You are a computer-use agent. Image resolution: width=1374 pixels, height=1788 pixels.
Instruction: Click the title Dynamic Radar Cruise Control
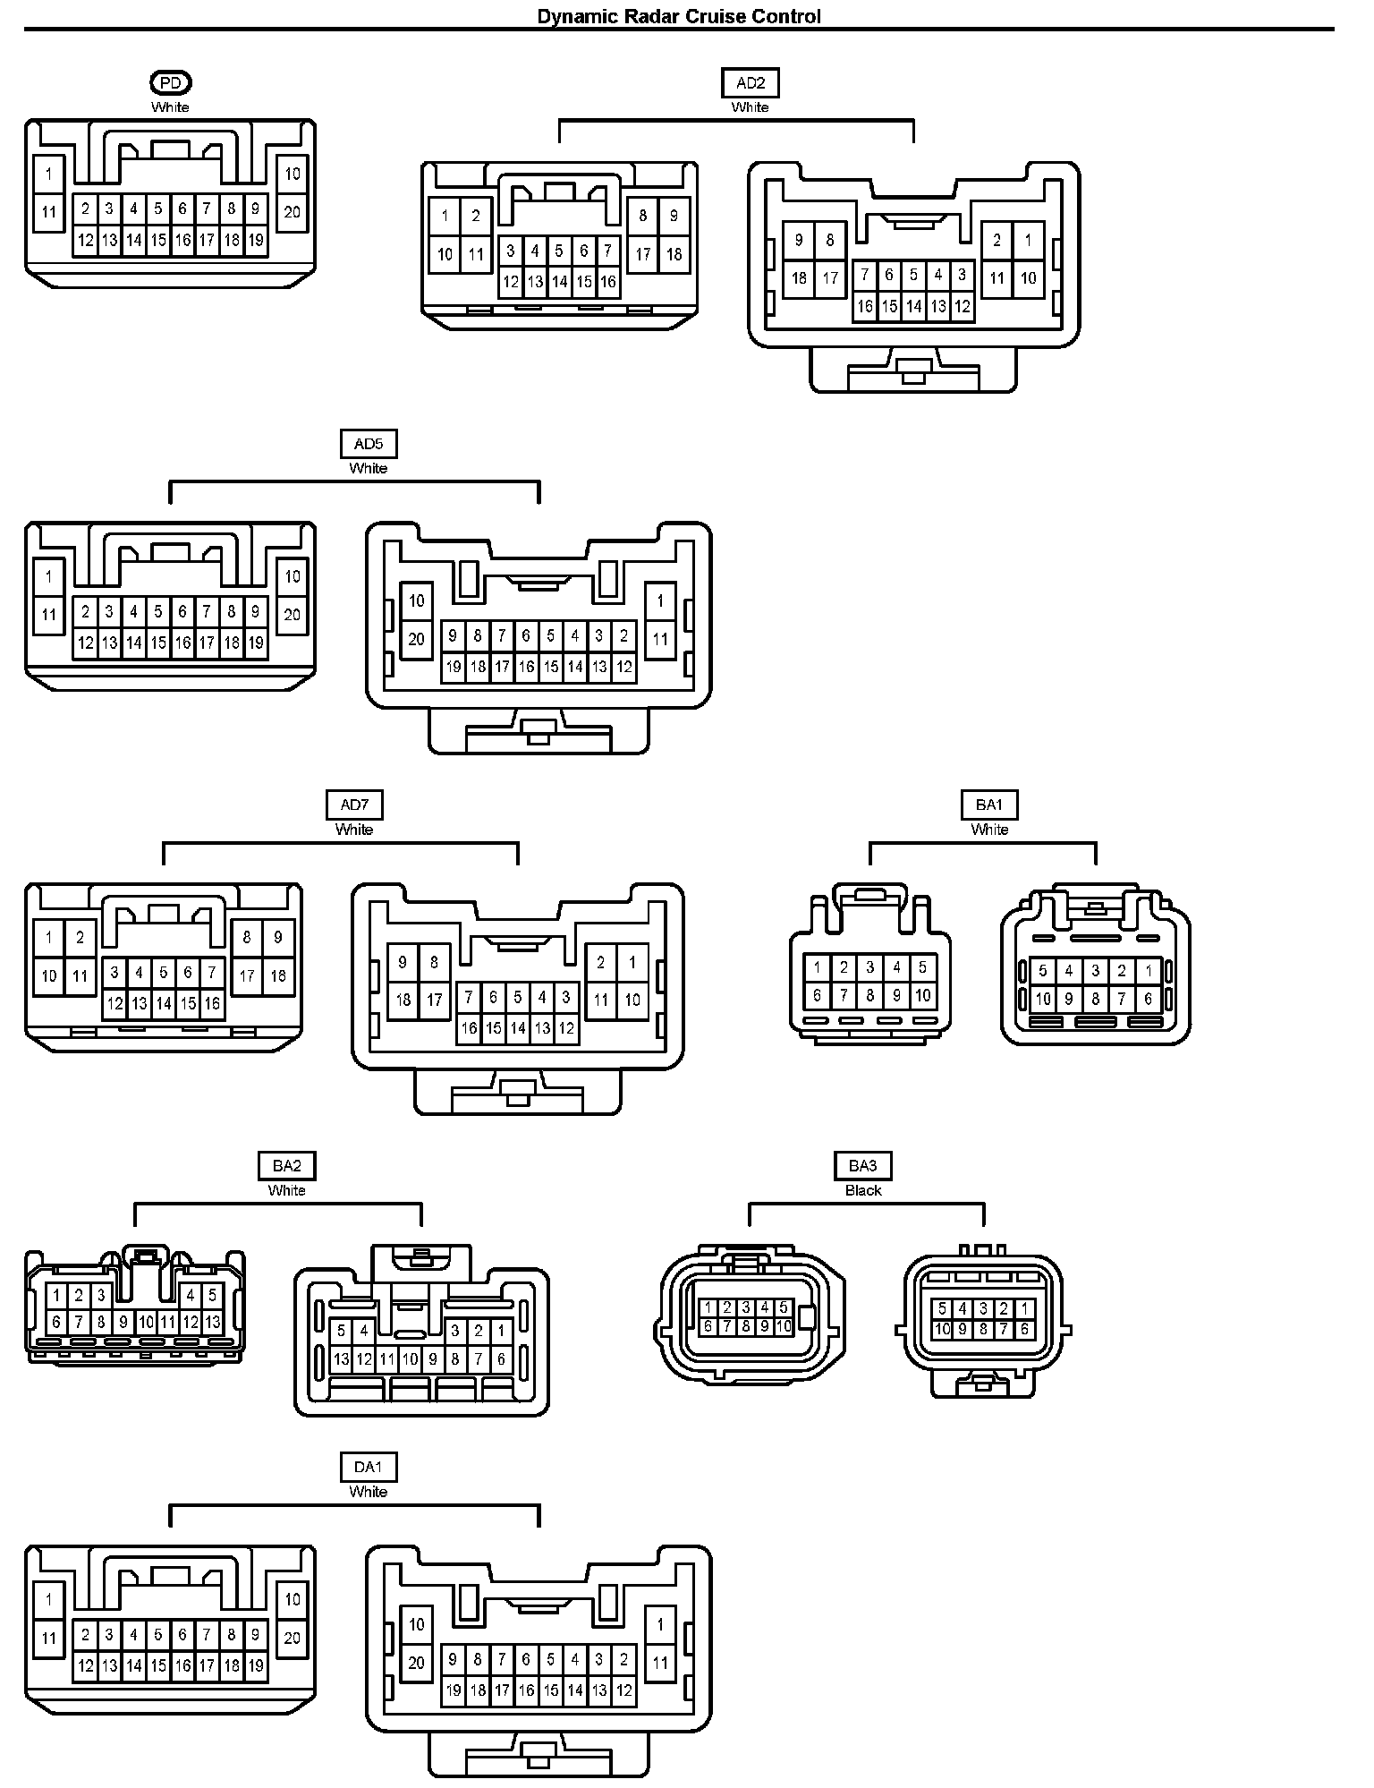(x=678, y=16)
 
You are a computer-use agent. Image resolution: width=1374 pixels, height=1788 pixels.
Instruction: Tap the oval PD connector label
(x=170, y=83)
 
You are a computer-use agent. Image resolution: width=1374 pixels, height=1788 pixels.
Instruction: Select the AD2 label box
(x=750, y=83)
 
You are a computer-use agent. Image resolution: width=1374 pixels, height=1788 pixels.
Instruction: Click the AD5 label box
(x=369, y=444)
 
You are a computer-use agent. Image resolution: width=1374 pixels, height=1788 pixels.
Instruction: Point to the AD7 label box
(x=354, y=805)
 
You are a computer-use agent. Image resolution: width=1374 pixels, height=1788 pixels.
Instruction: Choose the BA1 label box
(x=989, y=805)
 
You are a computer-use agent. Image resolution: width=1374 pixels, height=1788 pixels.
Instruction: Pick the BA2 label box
(x=286, y=1166)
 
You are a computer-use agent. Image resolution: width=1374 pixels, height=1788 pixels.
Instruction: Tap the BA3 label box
(x=862, y=1166)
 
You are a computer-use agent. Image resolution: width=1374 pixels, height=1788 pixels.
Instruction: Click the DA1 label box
(x=368, y=1468)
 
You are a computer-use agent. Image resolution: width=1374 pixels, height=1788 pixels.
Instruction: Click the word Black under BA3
(x=863, y=1191)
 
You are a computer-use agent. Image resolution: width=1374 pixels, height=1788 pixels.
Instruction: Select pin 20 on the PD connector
(x=293, y=212)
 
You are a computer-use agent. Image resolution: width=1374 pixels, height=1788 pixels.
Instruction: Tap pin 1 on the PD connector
(x=49, y=174)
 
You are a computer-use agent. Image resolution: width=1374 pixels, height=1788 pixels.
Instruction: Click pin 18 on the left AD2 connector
(x=674, y=254)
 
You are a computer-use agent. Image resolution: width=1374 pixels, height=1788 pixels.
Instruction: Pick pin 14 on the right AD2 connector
(x=913, y=306)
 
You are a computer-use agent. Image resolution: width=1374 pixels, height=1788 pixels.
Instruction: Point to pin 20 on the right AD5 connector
(x=417, y=639)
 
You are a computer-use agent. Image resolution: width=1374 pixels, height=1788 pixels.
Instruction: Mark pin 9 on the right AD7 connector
(x=403, y=962)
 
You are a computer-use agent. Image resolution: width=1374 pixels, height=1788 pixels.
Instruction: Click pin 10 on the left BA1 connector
(x=923, y=994)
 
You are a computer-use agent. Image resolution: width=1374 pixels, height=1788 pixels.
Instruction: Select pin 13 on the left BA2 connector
(x=213, y=1322)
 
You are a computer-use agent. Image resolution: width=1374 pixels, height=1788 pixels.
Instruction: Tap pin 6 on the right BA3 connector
(x=1024, y=1330)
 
